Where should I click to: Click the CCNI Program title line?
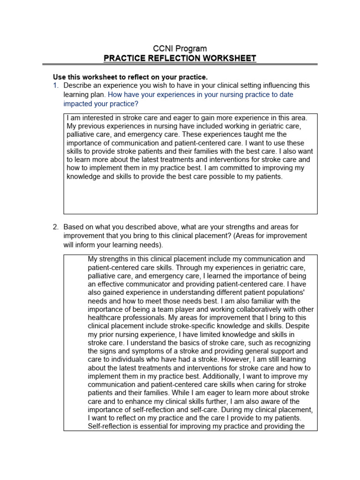point(180,48)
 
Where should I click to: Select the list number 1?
point(55,85)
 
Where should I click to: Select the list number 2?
point(55,227)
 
